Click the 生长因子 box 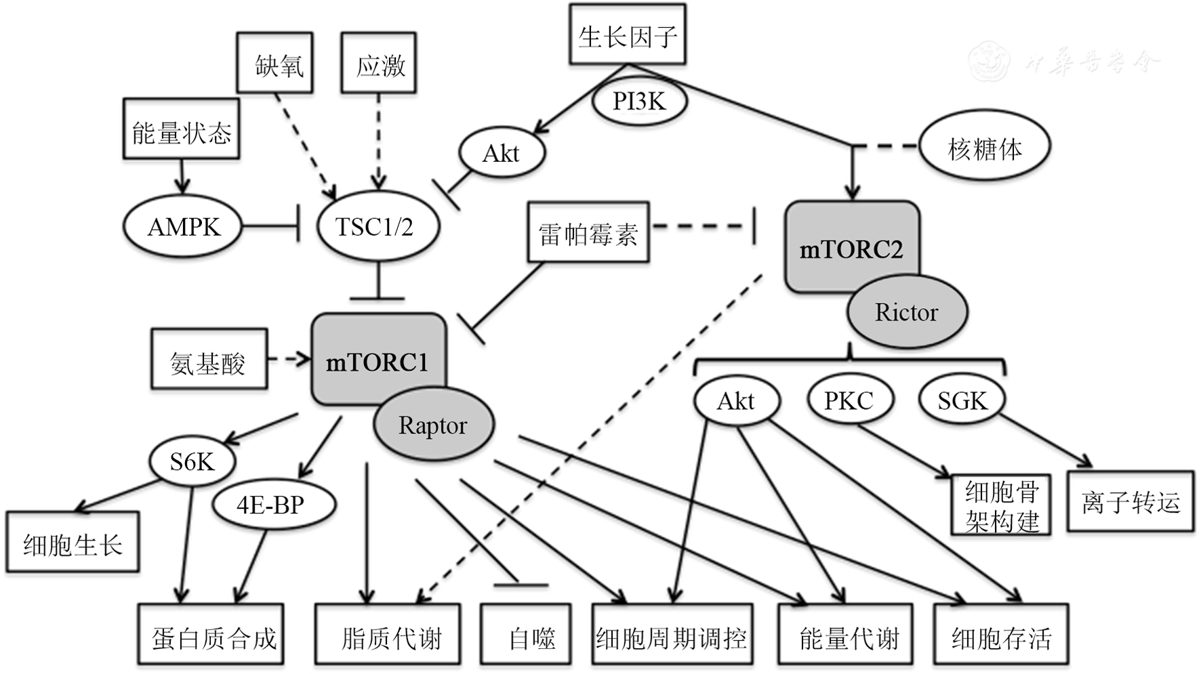[627, 35]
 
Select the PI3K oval [639, 102]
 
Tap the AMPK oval [183, 227]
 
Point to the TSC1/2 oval [377, 227]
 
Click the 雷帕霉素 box [588, 232]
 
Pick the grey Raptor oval [433, 425]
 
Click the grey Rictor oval [907, 312]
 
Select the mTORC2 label [851, 249]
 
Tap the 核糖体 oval [984, 147]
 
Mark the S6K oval [192, 462]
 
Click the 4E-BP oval [272, 505]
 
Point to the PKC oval [849, 400]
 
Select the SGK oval [962, 400]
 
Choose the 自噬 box [525, 636]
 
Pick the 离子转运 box [1131, 502]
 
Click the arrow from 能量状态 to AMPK [182, 177]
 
